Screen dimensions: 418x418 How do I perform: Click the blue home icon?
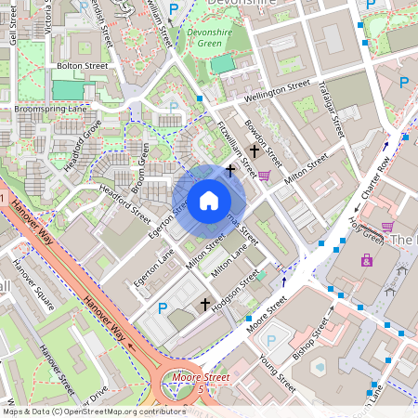coord(209,200)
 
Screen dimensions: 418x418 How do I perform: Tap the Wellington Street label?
coord(278,91)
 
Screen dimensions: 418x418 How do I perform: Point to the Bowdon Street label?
coord(264,140)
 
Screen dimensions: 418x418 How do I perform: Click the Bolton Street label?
coord(83,67)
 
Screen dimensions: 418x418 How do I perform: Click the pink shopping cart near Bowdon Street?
coord(264,175)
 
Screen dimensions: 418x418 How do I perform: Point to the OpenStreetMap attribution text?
coord(94,411)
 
